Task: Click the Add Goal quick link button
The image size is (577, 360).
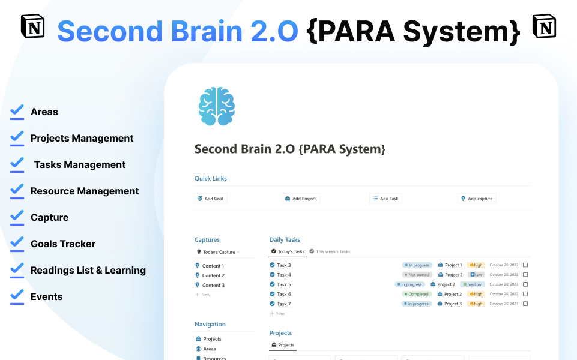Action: point(211,199)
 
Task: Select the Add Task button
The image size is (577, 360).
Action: point(385,199)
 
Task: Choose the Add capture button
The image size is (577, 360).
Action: point(477,199)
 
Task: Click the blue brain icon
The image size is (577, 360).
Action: point(216,107)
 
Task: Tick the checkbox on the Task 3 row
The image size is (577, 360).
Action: point(525,265)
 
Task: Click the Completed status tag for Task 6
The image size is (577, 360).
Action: point(416,294)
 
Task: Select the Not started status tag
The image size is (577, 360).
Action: point(417,275)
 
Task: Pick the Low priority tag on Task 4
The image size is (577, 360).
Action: point(476,275)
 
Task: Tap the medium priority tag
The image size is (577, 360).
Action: point(472,284)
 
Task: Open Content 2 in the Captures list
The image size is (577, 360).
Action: point(213,275)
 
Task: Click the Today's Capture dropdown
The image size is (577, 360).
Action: point(219,252)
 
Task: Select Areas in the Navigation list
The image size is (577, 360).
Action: point(209,349)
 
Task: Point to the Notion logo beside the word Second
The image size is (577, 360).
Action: point(33,28)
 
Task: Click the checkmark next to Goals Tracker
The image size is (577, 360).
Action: point(17,243)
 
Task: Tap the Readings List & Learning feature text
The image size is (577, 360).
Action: point(88,270)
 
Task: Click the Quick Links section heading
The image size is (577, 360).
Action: point(210,178)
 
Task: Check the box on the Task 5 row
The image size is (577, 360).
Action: point(525,284)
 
